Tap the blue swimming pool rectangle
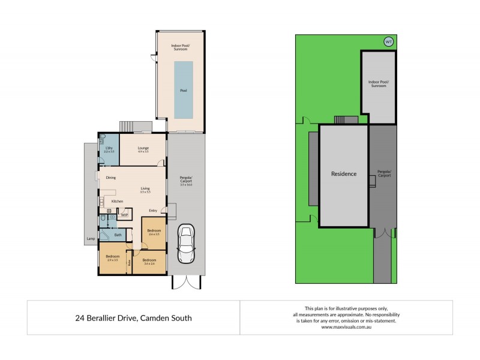pyautogui.click(x=184, y=90)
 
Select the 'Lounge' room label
pyautogui.click(x=143, y=149)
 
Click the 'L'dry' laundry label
pyautogui.click(x=109, y=149)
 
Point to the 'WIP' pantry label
pyautogui.click(x=124, y=215)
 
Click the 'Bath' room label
pyautogui.click(x=118, y=235)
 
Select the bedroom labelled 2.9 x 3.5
pyautogui.click(x=113, y=258)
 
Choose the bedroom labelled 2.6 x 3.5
pyautogui.click(x=154, y=232)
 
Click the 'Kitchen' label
pyautogui.click(x=118, y=201)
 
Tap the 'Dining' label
pyautogui.click(x=111, y=178)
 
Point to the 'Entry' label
pyautogui.click(x=153, y=211)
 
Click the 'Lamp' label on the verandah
pyautogui.click(x=91, y=239)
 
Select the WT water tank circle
pyautogui.click(x=388, y=41)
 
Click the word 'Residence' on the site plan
pyautogui.click(x=344, y=174)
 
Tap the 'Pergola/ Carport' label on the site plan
pyautogui.click(x=385, y=174)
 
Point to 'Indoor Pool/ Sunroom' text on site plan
pyautogui.click(x=378, y=84)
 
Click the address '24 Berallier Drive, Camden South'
pyautogui.click(x=133, y=318)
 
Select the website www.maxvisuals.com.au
pyautogui.click(x=346, y=327)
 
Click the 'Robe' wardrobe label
pyautogui.click(x=129, y=262)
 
